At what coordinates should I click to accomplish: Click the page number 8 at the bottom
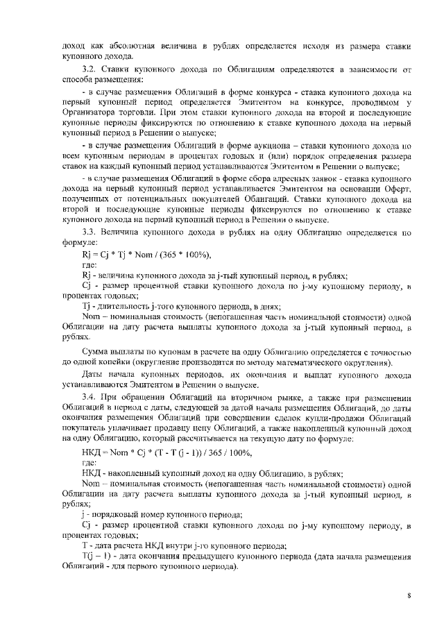point(409,595)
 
